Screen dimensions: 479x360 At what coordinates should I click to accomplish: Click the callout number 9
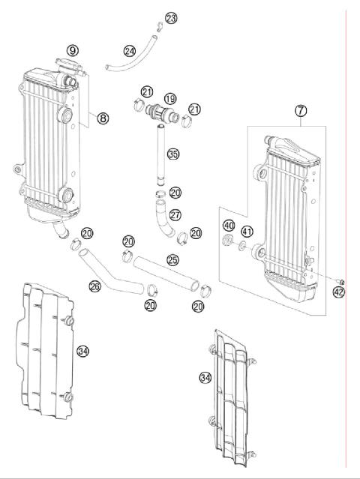(72, 50)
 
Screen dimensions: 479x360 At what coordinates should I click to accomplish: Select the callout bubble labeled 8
(103, 118)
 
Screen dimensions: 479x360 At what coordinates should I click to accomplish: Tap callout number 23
(172, 18)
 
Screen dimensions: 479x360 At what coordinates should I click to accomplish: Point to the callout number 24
(130, 51)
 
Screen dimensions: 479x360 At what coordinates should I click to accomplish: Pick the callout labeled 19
(170, 98)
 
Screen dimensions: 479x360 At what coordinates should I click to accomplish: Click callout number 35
(173, 155)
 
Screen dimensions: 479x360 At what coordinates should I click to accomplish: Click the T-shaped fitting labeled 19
(159, 115)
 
